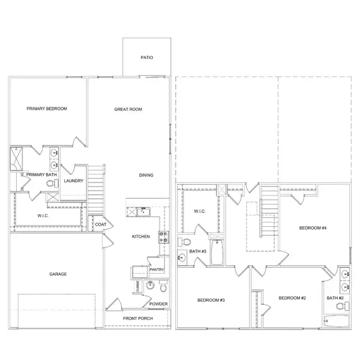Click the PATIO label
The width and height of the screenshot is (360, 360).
pos(147,58)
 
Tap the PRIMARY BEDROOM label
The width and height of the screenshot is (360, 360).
pos(47,109)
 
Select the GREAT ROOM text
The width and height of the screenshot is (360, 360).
pos(128,109)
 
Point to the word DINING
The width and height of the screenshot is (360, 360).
pos(146,175)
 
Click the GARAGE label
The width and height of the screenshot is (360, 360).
pos(58,274)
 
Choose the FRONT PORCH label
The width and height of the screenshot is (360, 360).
pos(138,319)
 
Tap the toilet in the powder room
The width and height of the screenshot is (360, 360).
pos(163,286)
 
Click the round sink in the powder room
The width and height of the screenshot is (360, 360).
pos(150,286)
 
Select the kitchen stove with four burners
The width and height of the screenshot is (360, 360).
pos(164,237)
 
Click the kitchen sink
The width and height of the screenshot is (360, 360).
pos(143,211)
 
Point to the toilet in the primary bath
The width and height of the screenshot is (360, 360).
pos(53,183)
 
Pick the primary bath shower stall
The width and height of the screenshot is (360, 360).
pos(16,159)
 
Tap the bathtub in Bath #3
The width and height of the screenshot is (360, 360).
pos(217,252)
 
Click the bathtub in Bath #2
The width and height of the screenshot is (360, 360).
pos(337,321)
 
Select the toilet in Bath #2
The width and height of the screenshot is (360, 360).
pos(343,306)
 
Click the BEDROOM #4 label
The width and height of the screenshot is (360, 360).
pos(313,228)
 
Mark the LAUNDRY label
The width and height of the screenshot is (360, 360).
pos(73,181)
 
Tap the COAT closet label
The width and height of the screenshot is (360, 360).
pos(101,224)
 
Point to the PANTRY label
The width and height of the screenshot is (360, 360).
pos(157,269)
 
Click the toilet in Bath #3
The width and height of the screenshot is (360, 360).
pos(184,242)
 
